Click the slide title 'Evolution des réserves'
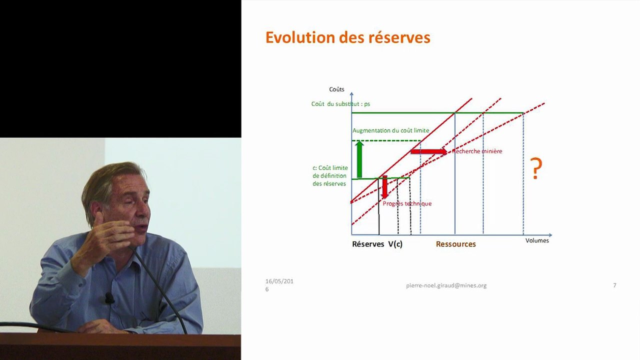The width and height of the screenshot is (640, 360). pyautogui.click(x=347, y=37)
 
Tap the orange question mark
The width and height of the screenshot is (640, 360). pyautogui.click(x=536, y=168)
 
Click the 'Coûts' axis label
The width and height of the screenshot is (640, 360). pyautogui.click(x=336, y=89)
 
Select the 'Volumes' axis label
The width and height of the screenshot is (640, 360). pyautogui.click(x=537, y=240)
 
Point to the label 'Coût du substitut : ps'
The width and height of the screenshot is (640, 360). pyautogui.click(x=340, y=104)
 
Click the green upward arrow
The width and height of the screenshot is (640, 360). pyautogui.click(x=358, y=159)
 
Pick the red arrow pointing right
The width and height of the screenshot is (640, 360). pyautogui.click(x=429, y=151)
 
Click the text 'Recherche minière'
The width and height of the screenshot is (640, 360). pyautogui.click(x=477, y=151)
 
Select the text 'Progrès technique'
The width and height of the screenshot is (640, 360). pyautogui.click(x=407, y=203)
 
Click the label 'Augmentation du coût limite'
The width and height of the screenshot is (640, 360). pyautogui.click(x=390, y=130)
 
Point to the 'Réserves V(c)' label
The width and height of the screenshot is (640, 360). pyautogui.click(x=377, y=244)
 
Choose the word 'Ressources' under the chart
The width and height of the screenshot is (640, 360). pyautogui.click(x=455, y=244)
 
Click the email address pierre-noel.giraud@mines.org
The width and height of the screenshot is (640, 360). pyautogui.click(x=446, y=285)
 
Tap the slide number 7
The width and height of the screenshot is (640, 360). pyautogui.click(x=614, y=285)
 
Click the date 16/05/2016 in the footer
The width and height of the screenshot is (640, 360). pyautogui.click(x=279, y=284)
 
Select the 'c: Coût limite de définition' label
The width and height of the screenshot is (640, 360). pyautogui.click(x=330, y=176)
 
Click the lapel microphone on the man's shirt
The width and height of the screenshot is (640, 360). pyautogui.click(x=109, y=298)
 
